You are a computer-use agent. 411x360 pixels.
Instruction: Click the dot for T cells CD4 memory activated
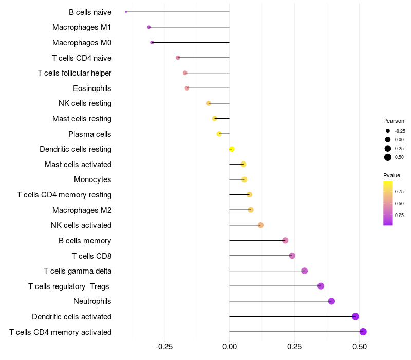[363, 332]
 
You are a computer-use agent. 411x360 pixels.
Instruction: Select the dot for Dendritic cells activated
[356, 317]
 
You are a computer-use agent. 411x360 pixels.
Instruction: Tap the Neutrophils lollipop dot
[331, 301]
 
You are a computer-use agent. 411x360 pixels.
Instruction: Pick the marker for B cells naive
[126, 12]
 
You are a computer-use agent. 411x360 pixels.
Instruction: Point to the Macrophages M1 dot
[149, 27]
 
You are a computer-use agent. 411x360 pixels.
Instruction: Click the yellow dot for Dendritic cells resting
[232, 149]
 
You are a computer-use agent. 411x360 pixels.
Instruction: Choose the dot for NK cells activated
[260, 225]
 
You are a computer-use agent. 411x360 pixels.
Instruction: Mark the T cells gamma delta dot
[304, 271]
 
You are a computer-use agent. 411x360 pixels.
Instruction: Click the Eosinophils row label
[92, 88]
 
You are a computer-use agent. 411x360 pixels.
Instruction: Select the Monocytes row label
[92, 179]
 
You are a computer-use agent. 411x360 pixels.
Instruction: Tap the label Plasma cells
[90, 134]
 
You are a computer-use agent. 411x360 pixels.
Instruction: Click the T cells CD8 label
[91, 256]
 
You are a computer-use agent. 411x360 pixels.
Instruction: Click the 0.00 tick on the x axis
[229, 347]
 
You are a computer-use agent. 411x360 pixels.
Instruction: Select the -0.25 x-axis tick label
[164, 347]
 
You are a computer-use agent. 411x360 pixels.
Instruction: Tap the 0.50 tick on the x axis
[359, 347]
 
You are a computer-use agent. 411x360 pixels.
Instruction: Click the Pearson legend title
[394, 121]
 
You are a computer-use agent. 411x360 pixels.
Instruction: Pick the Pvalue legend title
[391, 175]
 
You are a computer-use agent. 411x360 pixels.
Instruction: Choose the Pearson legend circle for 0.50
[388, 157]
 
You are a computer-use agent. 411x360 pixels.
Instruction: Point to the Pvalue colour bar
[388, 203]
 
